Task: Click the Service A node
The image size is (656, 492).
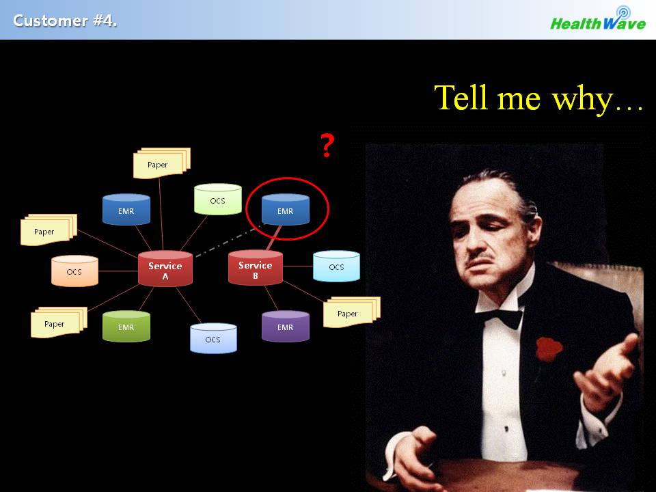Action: tap(165, 269)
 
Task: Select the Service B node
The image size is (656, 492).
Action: tap(255, 268)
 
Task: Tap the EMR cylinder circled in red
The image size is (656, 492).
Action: tap(286, 209)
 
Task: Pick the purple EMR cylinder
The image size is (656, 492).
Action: tap(286, 326)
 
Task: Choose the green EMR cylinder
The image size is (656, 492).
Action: tap(126, 326)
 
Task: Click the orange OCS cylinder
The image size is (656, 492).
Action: tap(74, 271)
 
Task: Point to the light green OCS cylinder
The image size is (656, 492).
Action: tap(217, 199)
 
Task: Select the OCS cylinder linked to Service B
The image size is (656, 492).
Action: tap(336, 266)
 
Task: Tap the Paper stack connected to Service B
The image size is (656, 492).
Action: tap(351, 312)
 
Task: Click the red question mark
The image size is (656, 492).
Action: tap(327, 145)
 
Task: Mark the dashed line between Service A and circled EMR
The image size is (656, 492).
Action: tap(230, 240)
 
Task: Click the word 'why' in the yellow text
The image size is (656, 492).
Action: tap(582, 98)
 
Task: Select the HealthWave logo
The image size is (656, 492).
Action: tap(599, 19)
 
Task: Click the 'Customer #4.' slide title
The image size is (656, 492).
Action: tap(65, 20)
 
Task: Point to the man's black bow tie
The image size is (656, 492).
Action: tap(500, 316)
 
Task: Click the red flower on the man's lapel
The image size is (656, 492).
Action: tap(549, 348)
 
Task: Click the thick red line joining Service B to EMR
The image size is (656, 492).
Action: tap(274, 238)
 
